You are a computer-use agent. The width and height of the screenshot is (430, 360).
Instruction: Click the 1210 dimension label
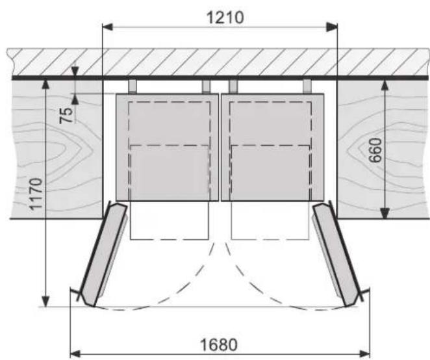click(225, 18)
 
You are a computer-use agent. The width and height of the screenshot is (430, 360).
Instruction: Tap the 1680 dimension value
click(219, 344)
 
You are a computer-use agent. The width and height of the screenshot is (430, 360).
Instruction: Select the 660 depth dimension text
click(375, 150)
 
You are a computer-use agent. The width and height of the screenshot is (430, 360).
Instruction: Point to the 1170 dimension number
click(36, 194)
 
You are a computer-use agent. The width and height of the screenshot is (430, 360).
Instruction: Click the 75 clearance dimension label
click(66, 115)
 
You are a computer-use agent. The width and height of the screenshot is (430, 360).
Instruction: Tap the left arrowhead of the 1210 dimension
click(108, 27)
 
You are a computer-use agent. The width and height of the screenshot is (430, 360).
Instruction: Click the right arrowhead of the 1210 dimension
click(332, 27)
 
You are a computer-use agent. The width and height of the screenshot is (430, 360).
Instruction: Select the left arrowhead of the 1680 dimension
click(76, 354)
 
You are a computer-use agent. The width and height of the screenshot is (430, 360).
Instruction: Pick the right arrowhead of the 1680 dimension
click(364, 354)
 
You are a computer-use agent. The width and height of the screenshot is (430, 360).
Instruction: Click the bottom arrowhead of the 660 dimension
click(385, 214)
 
